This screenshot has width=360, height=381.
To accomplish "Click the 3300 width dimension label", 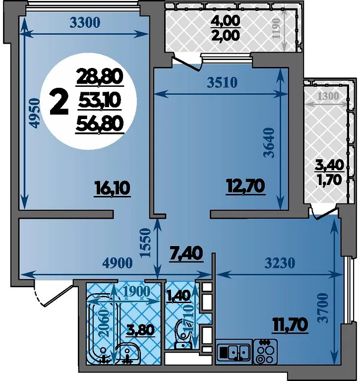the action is [x=85, y=23].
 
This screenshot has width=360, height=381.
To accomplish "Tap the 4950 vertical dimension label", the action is [x=34, y=113].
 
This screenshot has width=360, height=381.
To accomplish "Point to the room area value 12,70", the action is [x=245, y=187].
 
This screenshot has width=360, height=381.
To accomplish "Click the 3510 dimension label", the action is [x=222, y=83].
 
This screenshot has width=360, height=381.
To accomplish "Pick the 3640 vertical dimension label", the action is [x=269, y=143].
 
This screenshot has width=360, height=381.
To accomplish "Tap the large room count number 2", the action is [x=59, y=104].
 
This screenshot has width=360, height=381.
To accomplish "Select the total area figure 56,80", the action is [x=100, y=124].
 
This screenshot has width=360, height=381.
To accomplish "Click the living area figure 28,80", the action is [x=100, y=77].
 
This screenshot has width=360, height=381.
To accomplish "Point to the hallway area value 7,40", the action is [x=186, y=253].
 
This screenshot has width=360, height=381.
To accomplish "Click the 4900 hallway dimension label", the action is [x=118, y=263].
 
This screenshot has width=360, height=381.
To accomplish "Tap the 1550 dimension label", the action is [x=146, y=243].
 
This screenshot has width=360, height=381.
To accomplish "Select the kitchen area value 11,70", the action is [x=290, y=324].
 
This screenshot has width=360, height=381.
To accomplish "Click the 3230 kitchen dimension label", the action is [x=280, y=263].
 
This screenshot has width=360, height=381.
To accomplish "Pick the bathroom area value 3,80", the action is [x=141, y=330].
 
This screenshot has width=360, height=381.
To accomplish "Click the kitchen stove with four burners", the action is [x=265, y=351].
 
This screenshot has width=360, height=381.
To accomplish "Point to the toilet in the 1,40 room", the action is [x=182, y=334].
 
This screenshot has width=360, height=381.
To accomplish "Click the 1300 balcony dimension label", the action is [x=328, y=96].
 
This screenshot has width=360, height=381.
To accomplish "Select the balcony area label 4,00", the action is [x=225, y=21].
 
